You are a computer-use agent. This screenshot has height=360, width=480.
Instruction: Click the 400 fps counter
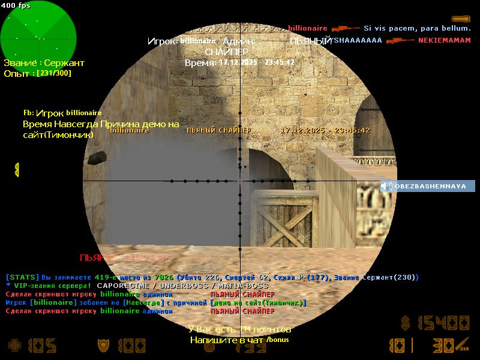16,5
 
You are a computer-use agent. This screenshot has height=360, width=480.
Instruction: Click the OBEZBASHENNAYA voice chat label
430,186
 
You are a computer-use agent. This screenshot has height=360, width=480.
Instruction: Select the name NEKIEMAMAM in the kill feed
445,40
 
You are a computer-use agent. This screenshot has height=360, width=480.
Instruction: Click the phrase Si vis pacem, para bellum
417,28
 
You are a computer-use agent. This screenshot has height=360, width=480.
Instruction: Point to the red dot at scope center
240,181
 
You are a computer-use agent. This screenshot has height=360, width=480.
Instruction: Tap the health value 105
41,346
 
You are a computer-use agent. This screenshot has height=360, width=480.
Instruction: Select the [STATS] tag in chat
22,277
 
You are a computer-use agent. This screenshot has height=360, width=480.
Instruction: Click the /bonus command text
278,340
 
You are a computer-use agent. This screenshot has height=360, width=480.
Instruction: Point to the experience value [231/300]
53,73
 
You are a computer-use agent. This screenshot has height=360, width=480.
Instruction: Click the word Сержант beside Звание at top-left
65,63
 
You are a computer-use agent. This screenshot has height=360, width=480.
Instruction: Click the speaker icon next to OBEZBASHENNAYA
387,186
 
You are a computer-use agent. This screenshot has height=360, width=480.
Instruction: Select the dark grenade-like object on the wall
96,158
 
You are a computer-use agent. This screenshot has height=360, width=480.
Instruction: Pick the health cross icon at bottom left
14,346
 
